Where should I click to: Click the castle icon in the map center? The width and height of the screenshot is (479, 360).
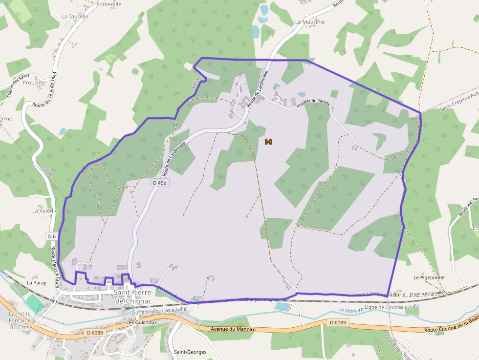pos(268,142)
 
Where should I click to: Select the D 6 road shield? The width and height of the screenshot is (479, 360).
pos(52,236)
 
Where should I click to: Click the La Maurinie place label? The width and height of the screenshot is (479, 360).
pos(310,22)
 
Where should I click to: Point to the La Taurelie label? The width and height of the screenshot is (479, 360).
pos(75,16)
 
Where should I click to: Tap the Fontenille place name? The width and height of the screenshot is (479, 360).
pos(109,4)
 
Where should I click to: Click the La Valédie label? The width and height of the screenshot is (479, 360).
pos(45,211)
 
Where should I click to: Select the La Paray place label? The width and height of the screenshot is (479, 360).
pos(36,282)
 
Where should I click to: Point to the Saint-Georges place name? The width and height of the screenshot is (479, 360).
pos(190,352)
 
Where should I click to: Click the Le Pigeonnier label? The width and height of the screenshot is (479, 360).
pos(429,277)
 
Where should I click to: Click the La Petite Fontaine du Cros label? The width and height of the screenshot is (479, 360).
pos(20,320)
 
